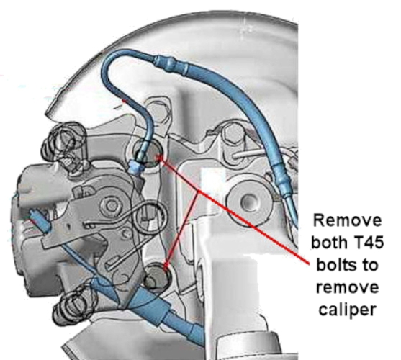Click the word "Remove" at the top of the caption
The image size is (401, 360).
click(347, 220)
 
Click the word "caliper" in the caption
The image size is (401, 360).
click(347, 310)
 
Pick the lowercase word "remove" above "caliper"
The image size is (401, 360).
click(347, 287)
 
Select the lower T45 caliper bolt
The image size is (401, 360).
click(156, 277)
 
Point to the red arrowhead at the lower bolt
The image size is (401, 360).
click(166, 266)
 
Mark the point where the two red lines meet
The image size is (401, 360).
click(197, 192)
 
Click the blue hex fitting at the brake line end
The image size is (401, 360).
click(136, 166)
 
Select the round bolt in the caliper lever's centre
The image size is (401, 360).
click(112, 205)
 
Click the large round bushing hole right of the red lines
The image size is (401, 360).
click(248, 200)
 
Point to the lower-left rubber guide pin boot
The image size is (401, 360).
click(74, 307)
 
